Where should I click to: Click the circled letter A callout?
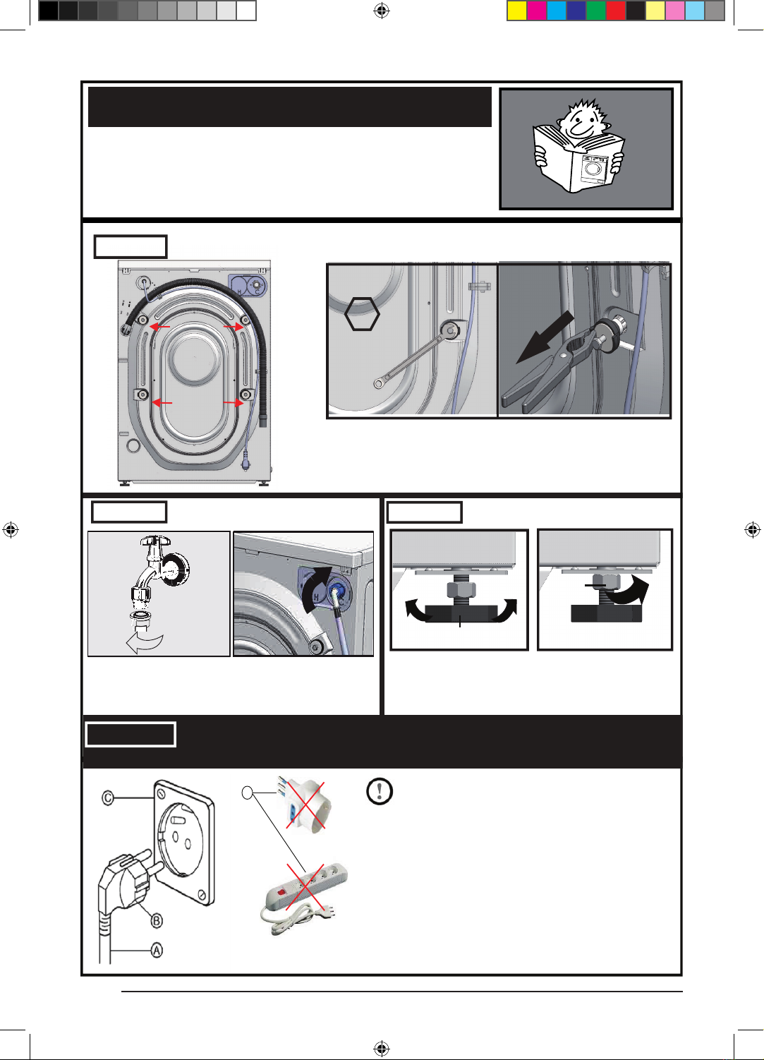(x=157, y=950)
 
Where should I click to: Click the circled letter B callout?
(x=157, y=920)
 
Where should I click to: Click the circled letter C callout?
(x=108, y=798)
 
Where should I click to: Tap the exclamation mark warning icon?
(x=380, y=790)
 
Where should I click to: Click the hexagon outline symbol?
(x=362, y=313)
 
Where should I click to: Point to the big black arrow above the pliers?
(x=545, y=337)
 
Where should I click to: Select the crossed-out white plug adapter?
(x=305, y=805)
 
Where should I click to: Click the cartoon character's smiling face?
(x=581, y=121)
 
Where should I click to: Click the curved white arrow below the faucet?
(x=145, y=643)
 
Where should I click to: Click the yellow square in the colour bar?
(x=517, y=11)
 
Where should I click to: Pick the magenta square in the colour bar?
(x=537, y=11)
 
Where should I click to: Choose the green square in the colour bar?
(x=596, y=11)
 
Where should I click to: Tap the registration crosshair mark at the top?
(x=381, y=11)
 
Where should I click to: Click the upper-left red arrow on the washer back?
(x=160, y=327)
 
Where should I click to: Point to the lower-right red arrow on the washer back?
(x=234, y=403)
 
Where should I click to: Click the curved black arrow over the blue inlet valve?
(x=316, y=588)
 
